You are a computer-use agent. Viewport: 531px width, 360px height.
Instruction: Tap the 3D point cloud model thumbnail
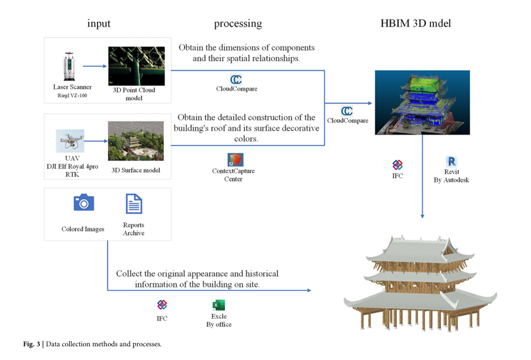(x=136, y=66)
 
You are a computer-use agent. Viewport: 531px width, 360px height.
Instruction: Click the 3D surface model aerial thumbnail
(x=136, y=140)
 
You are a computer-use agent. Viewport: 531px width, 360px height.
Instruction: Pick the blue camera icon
(x=83, y=203)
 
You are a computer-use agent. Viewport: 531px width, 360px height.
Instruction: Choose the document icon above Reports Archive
(x=134, y=204)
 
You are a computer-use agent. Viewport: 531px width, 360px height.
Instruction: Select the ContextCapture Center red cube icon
(x=234, y=159)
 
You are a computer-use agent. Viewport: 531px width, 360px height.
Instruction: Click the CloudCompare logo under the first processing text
(x=236, y=79)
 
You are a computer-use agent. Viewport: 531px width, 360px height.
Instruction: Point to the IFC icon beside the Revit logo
(x=397, y=165)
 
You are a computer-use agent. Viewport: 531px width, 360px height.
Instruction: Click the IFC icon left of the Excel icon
(x=162, y=305)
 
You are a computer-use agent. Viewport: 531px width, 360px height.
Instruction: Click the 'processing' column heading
(x=238, y=24)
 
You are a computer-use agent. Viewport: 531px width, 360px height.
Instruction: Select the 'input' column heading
(x=99, y=24)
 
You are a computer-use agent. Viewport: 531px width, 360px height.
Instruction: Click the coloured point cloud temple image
(x=422, y=103)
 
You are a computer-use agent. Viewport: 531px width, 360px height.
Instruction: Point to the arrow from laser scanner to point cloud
(x=95, y=66)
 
